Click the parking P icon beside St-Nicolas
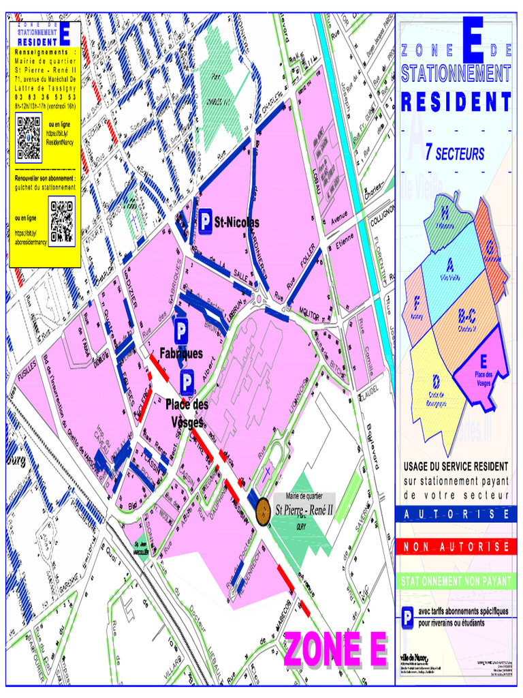click(206, 222)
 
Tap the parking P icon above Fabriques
click(181, 333)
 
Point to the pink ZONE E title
click(335, 650)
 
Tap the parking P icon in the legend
click(407, 618)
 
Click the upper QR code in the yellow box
click(29, 138)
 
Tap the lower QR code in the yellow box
click(62, 223)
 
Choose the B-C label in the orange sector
click(466, 316)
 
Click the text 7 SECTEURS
click(454, 153)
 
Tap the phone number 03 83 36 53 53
click(45, 97)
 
